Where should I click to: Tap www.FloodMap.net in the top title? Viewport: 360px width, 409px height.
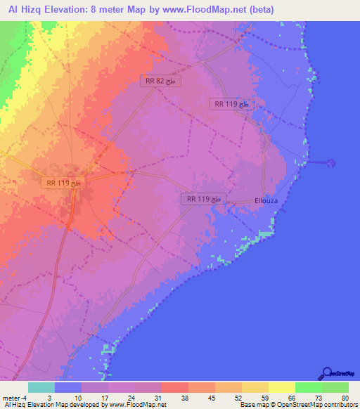(208, 9)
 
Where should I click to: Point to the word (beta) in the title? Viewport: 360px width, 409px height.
(259, 9)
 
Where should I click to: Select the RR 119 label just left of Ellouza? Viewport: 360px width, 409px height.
(204, 199)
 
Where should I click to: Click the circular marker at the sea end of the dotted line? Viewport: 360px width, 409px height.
(332, 164)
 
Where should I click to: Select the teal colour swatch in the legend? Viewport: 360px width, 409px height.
(41, 387)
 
